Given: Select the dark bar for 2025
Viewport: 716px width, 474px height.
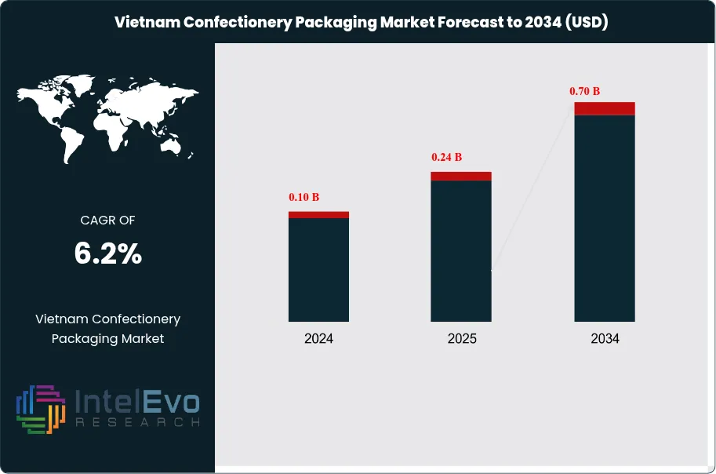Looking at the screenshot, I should pos(461,250).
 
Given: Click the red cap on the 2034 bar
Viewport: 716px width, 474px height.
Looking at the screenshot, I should pos(604,108).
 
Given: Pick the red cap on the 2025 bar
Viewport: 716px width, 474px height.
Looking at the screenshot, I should pos(461,176).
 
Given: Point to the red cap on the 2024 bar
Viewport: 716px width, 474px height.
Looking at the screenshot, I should pos(318,214).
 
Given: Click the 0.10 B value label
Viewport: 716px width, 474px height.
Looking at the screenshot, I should pos(304,196).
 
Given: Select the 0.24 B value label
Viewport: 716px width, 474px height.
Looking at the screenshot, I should pos(447,157).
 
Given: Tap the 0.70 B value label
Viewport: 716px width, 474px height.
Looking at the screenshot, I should pos(584,91).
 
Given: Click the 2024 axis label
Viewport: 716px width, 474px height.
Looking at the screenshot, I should pos(318,339).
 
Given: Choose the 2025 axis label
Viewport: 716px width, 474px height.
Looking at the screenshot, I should pos(461,339).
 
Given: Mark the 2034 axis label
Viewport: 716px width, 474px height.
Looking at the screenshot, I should pos(605,339).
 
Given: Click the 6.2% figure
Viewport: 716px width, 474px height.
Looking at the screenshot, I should pos(108,253).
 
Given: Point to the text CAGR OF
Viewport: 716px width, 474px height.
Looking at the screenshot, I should pos(108,221).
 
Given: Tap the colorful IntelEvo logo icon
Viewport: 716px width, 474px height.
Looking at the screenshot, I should pos(40,409).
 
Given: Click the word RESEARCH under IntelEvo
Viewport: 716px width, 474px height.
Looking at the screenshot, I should pos(137,422).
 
